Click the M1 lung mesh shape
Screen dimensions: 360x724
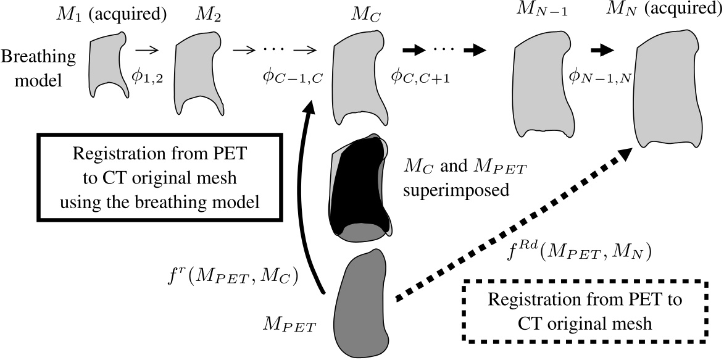click(x=106, y=62)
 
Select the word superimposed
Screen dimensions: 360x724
click(x=456, y=190)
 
